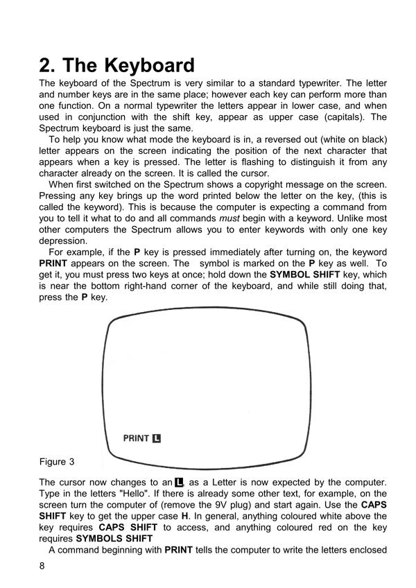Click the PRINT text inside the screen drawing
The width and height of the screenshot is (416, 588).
pyautogui.click(x=136, y=438)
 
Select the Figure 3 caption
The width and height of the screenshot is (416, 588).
pyautogui.click(x=57, y=462)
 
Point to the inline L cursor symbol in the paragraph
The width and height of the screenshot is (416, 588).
pyautogui.click(x=180, y=482)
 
